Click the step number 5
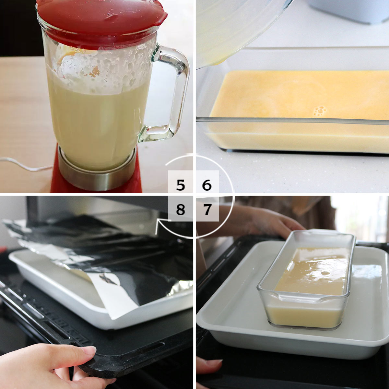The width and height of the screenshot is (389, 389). tap(181, 185)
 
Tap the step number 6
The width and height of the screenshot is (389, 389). tap(207, 185)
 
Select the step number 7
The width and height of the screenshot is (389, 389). tap(207, 209)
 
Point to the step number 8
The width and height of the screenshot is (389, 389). tap(181, 209)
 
